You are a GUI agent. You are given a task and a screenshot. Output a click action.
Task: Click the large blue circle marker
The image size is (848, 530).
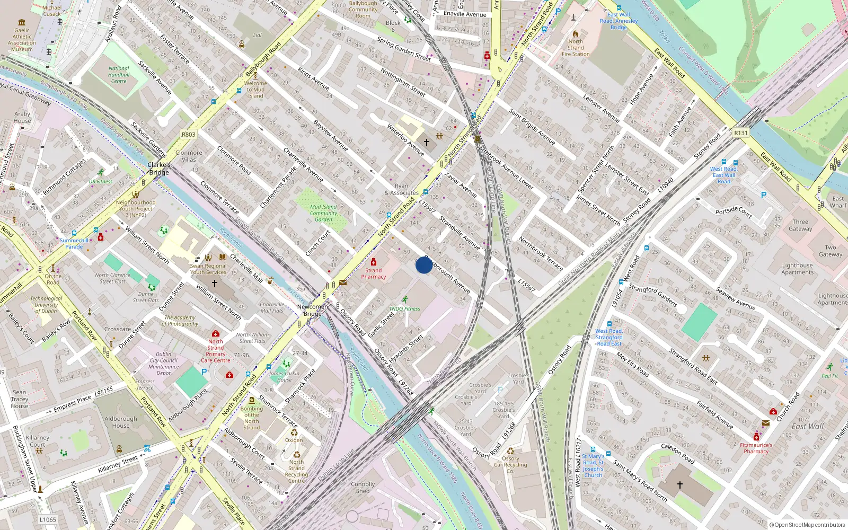423,265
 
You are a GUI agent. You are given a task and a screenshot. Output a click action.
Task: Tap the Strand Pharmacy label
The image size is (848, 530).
374,273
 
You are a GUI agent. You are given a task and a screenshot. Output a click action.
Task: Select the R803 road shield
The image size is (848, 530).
189,135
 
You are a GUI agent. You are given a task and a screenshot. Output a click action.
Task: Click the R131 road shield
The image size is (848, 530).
741,133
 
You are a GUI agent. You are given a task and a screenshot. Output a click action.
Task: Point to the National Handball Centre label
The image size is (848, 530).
119,75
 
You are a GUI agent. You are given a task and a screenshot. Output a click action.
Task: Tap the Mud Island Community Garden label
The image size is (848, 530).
323,213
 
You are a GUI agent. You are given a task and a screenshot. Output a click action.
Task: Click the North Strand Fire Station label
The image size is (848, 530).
576,48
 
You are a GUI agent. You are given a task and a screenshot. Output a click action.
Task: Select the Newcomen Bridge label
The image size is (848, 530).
312,310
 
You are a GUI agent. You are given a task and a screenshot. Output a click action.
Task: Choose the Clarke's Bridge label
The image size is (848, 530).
159,169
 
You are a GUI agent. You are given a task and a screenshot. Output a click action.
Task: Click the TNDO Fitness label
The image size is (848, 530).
404,308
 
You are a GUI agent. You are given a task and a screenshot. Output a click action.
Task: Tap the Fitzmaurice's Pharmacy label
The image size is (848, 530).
756,448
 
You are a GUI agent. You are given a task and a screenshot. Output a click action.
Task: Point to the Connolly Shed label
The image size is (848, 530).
363,488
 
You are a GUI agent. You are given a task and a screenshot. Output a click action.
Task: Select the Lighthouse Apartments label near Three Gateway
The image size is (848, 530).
797,269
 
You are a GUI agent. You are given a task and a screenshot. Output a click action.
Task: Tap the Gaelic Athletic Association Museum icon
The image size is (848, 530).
22,22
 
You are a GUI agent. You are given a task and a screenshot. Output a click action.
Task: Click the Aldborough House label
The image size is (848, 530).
121,422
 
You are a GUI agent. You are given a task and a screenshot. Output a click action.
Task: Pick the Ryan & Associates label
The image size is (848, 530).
402,189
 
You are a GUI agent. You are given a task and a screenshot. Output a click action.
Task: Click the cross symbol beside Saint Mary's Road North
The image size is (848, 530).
680,484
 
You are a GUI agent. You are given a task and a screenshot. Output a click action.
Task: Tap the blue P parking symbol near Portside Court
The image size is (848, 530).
764,195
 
